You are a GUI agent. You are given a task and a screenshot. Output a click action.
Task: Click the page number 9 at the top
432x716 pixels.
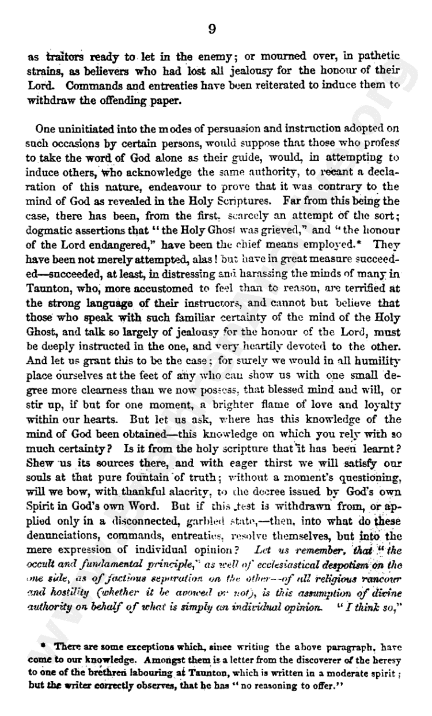click(212, 29)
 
